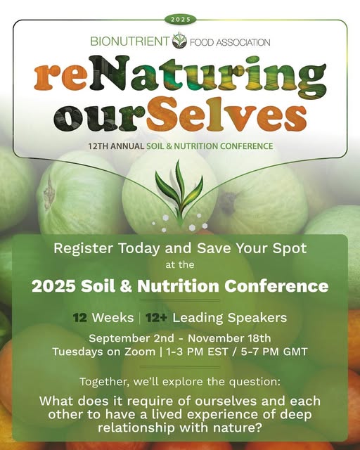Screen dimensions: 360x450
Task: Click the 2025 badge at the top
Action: pos(181,20)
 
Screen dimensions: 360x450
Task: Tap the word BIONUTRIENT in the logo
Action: pos(130,41)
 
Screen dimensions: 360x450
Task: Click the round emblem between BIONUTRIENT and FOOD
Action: pos(179,41)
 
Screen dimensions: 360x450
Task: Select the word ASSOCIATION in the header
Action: pos(243,42)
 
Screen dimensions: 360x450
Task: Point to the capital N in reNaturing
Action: pos(108,72)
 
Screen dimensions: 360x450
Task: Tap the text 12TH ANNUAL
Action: pos(116,146)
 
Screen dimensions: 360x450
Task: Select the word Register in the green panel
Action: pos(83,248)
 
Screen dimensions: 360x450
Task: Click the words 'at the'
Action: pos(180,264)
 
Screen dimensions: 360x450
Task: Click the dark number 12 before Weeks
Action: pos(80,318)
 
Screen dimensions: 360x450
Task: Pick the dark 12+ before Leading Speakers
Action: pos(156,318)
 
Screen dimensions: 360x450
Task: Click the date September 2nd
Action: pos(131,338)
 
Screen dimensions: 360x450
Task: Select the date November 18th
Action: pos(229,338)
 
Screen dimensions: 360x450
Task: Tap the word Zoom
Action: pos(140,352)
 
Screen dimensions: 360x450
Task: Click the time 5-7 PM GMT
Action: pos(274,352)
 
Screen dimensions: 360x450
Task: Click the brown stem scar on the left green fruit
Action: pos(49,191)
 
